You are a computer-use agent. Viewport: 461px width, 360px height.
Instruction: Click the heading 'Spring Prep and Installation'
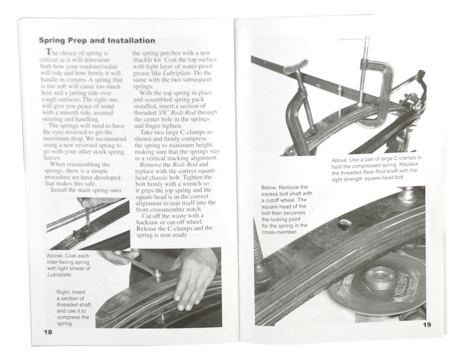97,40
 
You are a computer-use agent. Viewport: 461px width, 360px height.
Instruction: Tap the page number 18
48,332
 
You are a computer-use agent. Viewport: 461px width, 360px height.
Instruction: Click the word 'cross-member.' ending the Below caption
282,232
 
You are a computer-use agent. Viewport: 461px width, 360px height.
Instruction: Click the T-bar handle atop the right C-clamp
355,40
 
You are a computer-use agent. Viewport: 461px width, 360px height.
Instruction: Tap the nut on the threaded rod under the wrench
157,274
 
